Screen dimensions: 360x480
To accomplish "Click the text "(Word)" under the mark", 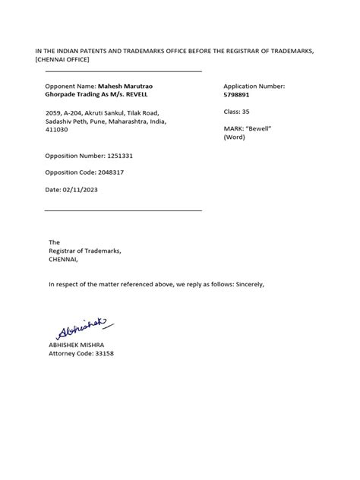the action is tap(235, 137).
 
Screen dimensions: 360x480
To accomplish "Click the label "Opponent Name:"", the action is tap(71, 87).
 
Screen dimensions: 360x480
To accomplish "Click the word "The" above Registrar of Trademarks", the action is tap(54, 242).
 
